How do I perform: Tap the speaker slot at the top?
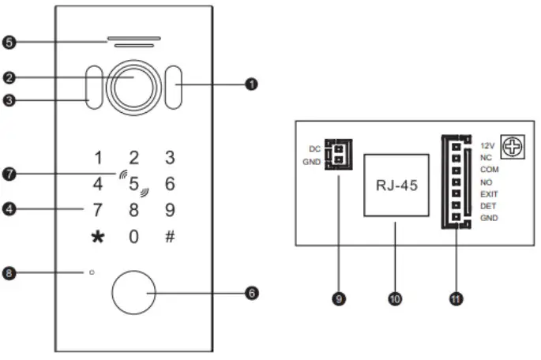point(133,39)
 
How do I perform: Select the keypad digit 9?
point(170,211)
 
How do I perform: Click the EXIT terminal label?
point(489,193)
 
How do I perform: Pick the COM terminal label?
point(489,170)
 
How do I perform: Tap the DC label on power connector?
point(314,148)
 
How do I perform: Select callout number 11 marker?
point(456,298)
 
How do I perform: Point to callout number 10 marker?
point(395,298)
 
